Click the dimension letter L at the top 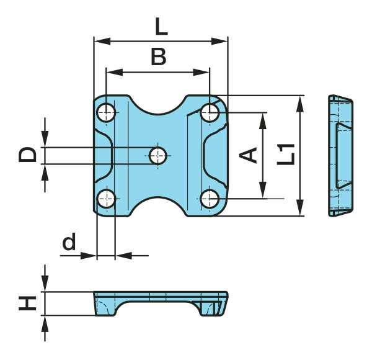(161, 27)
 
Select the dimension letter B (159, 56)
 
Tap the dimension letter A (248, 155)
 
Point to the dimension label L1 (286, 155)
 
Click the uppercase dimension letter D (27, 155)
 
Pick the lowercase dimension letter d (69, 241)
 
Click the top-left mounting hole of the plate (106, 112)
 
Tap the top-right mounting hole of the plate (210, 112)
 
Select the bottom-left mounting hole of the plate (106, 199)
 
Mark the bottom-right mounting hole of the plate (210, 199)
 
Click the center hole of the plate (158, 156)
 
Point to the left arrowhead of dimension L (102, 41)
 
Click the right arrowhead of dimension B (201, 72)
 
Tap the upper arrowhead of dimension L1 (300, 104)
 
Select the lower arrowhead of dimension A (263, 190)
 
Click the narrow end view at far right (340, 156)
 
